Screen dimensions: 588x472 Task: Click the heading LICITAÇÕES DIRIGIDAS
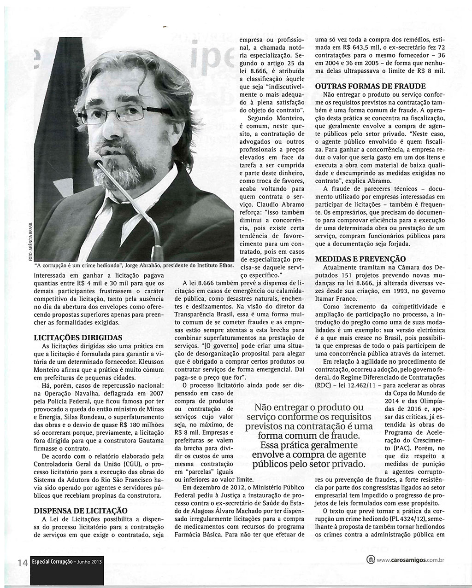point(78,338)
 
